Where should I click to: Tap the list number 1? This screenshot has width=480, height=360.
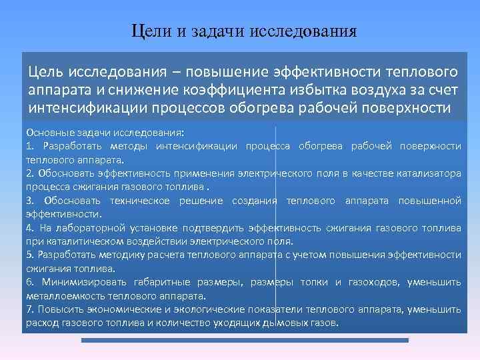pos(29,146)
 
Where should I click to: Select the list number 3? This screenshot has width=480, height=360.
pos(29,201)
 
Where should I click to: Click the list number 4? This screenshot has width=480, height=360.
pos(29,228)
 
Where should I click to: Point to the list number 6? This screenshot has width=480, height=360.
pos(29,283)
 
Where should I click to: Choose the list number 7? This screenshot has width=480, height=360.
pos(29,310)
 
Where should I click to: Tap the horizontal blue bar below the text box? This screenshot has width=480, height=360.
pos(244,341)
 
